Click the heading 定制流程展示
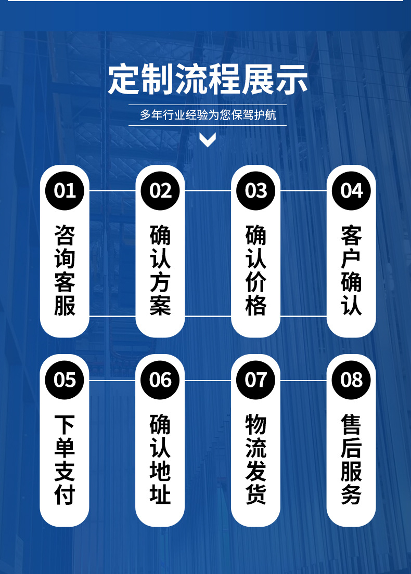(x=208, y=80)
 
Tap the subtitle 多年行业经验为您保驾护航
(x=208, y=115)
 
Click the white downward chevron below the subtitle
(x=208, y=139)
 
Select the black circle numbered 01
(x=65, y=191)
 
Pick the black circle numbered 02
(x=160, y=191)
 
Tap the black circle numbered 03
(x=255, y=191)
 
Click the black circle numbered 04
(x=351, y=191)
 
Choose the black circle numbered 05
(x=65, y=380)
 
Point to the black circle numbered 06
(x=160, y=380)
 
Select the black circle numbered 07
(x=255, y=380)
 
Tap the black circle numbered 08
(x=351, y=380)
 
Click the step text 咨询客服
(x=65, y=270)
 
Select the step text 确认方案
(x=160, y=270)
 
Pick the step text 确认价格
(x=255, y=270)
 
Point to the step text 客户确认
(x=351, y=270)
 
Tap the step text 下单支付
(x=65, y=460)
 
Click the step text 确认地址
(x=160, y=460)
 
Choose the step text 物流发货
(x=255, y=460)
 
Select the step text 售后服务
(x=351, y=460)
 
